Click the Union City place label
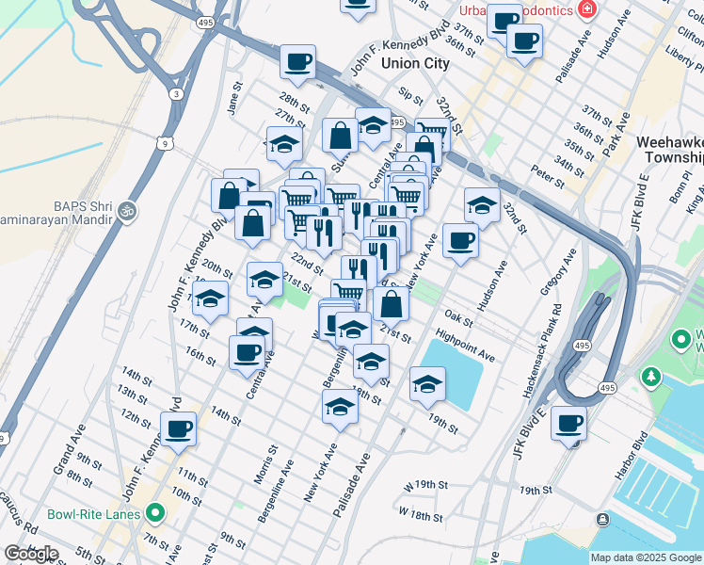pyautogui.click(x=415, y=63)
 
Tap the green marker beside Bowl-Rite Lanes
pyautogui.click(x=155, y=514)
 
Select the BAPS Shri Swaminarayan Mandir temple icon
pyautogui.click(x=129, y=209)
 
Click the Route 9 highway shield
pyautogui.click(x=166, y=143)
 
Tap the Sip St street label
pyautogui.click(x=411, y=96)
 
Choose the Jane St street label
pyautogui.click(x=235, y=100)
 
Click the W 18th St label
pyautogui.click(x=420, y=515)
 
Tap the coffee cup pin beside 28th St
pyautogui.click(x=297, y=63)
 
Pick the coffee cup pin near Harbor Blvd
pyautogui.click(x=568, y=424)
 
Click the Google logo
pyautogui.click(x=31, y=554)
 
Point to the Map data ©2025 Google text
pyautogui.click(x=646, y=557)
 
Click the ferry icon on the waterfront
pyautogui.click(x=601, y=519)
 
